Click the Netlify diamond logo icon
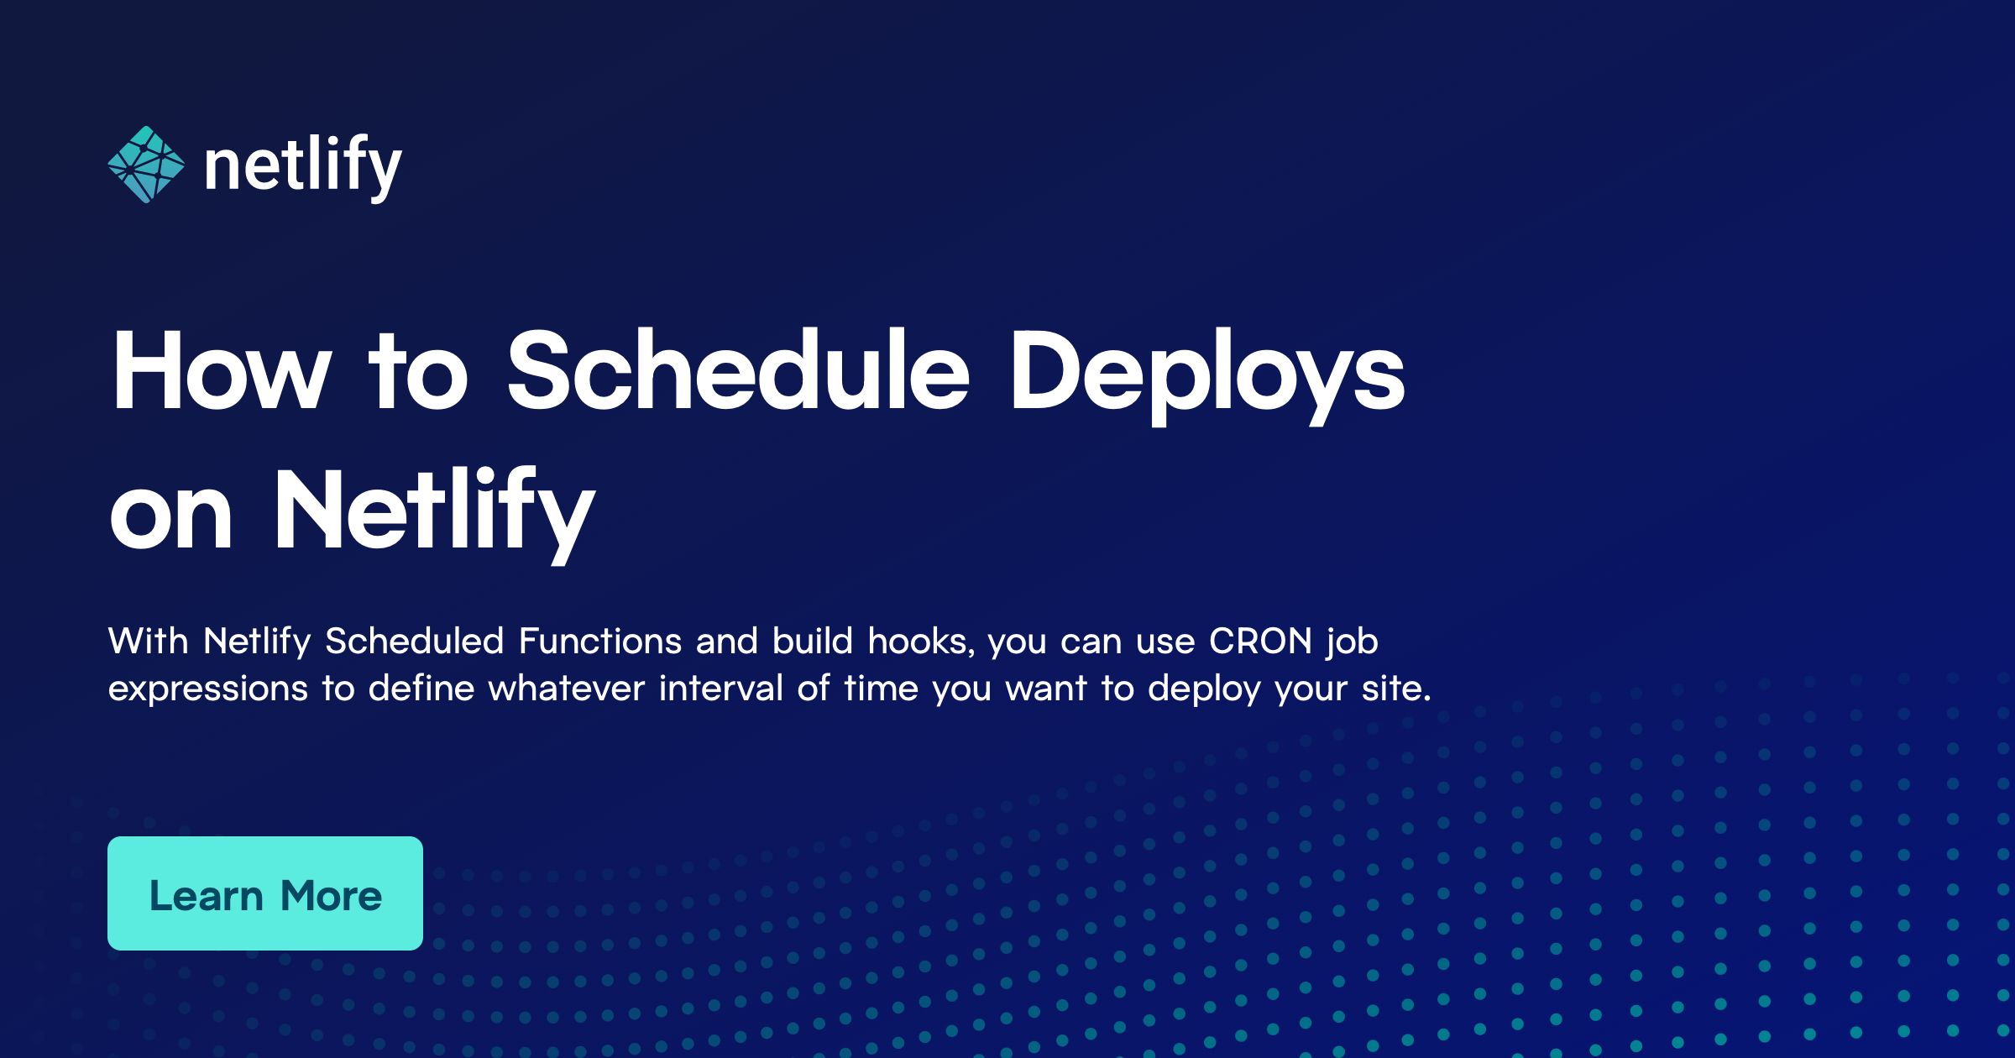point(146,165)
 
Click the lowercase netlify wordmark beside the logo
point(303,166)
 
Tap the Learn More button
point(265,893)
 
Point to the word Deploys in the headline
point(1207,376)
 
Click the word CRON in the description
point(1260,641)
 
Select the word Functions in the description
point(600,641)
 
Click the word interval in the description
point(721,688)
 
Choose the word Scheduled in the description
point(415,641)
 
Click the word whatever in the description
point(567,688)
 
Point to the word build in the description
point(813,641)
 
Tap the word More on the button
point(332,895)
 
